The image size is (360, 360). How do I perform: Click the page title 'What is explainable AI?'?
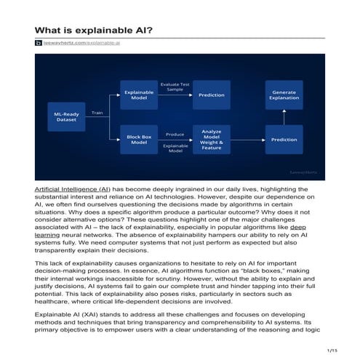coord(93,31)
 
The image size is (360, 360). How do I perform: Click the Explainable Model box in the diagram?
coord(138,95)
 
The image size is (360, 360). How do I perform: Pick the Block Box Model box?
coord(138,138)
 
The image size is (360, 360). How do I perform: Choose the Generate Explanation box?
coord(284,95)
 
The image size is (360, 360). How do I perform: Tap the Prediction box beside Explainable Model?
coord(212,95)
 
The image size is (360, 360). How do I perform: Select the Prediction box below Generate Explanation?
coord(284,139)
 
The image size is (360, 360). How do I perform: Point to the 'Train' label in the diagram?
coord(97,113)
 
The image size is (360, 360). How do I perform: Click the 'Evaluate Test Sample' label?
coord(175,86)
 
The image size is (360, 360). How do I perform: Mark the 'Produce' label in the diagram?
coord(175,134)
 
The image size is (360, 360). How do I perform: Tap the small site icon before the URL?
coord(39,44)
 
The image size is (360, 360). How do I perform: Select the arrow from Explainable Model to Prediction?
coord(175,95)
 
